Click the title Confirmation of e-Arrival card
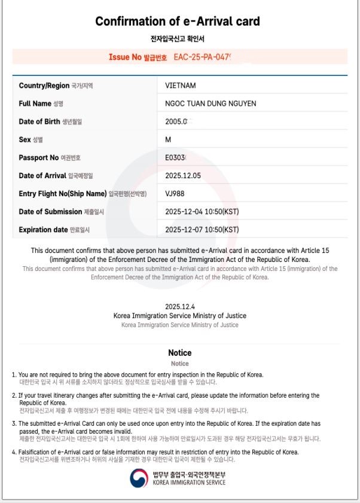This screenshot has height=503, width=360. tap(178, 22)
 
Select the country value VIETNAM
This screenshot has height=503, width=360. tap(180, 86)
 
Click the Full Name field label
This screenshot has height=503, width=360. tap(35, 103)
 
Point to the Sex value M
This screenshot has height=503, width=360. tap(168, 139)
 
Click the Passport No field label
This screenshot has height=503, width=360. tap(38, 158)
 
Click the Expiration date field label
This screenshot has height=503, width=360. tap(43, 230)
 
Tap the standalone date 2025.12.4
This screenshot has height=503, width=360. tap(180, 306)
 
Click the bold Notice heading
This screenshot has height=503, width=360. tap(179, 353)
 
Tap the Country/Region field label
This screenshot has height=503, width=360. tap(44, 86)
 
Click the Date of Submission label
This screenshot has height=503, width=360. tap(50, 212)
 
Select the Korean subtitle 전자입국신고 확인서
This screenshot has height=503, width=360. tap(178, 39)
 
